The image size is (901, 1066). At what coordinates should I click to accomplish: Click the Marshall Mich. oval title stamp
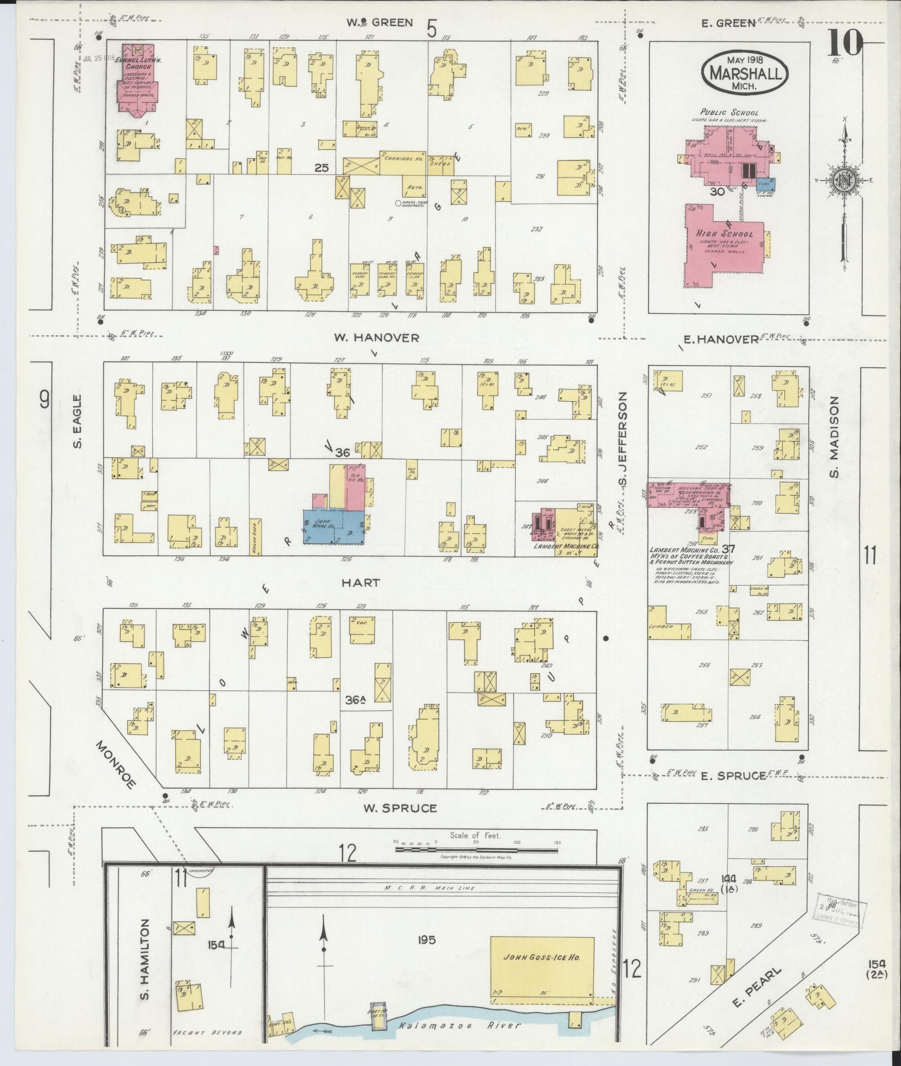coord(744,74)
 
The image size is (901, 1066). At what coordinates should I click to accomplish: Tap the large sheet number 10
coord(845,43)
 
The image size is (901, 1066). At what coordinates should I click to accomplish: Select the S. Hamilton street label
coord(144,952)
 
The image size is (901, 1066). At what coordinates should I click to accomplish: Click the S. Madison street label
coord(834,436)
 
